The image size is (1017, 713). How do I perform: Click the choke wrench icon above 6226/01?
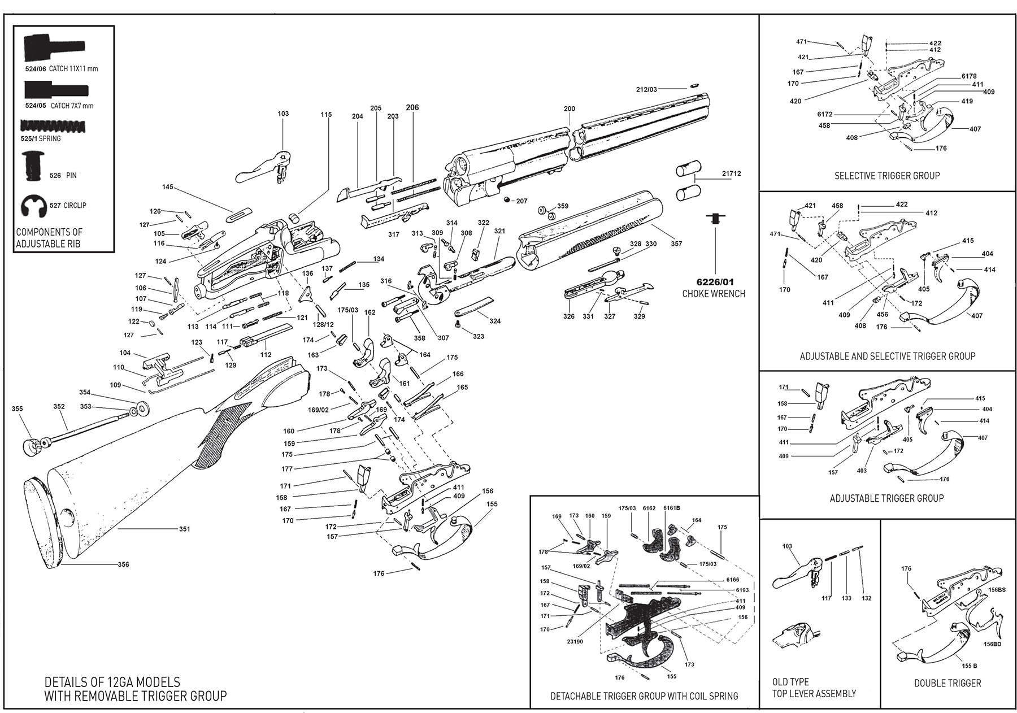(715, 218)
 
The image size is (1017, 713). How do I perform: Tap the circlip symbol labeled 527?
(33, 206)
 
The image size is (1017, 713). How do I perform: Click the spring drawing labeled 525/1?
(53, 127)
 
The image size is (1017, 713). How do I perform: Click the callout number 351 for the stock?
(184, 529)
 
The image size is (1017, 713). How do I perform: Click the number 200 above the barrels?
(570, 109)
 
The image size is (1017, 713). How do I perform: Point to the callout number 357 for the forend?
(676, 244)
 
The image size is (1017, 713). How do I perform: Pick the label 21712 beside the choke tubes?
(731, 174)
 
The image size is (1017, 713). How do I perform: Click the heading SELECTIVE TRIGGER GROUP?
(887, 176)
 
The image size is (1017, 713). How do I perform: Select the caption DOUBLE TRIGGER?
(948, 683)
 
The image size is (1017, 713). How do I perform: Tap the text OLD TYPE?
(790, 682)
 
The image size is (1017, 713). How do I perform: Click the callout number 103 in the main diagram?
(283, 114)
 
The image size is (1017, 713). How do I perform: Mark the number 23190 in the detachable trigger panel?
(576, 642)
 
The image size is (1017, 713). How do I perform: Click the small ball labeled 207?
(506, 200)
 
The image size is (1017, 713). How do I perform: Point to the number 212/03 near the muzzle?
(646, 89)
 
